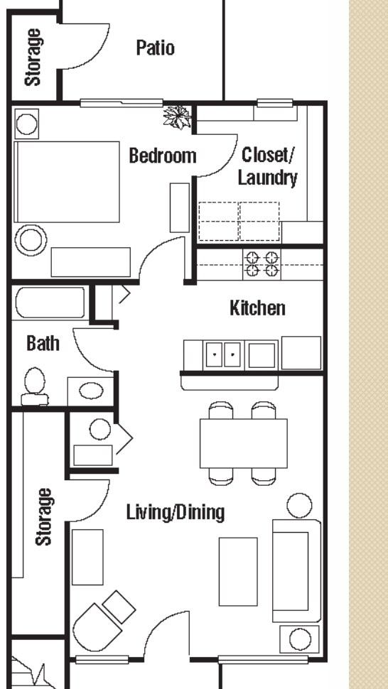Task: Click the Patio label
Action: tap(155, 48)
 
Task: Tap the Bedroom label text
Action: tap(162, 156)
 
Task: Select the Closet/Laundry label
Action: tap(267, 166)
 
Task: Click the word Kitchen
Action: tap(257, 308)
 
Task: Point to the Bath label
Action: tap(43, 344)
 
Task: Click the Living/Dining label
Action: tap(176, 511)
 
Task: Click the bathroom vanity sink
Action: tap(90, 391)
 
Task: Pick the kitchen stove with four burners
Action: tap(261, 264)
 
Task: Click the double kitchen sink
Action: tap(224, 354)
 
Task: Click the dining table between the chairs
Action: tap(243, 443)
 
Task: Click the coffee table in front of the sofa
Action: tap(237, 571)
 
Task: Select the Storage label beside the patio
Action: tap(32, 57)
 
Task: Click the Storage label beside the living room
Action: tap(44, 516)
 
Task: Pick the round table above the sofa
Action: tap(298, 506)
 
